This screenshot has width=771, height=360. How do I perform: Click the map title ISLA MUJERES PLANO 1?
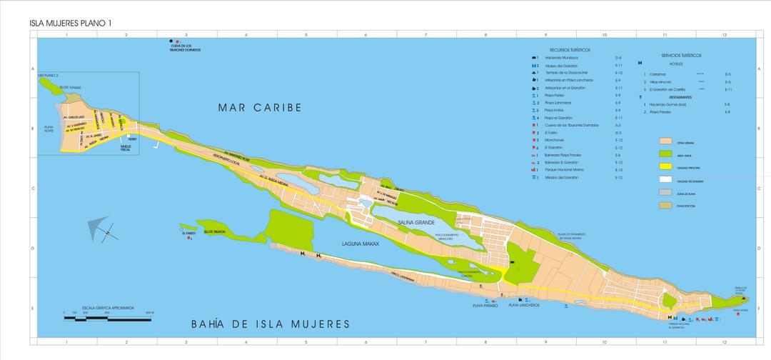tap(71, 24)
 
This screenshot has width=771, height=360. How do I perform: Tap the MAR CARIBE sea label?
tap(260, 108)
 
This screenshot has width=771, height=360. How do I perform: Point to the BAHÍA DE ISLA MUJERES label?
tap(271, 324)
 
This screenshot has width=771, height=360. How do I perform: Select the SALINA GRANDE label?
tap(417, 224)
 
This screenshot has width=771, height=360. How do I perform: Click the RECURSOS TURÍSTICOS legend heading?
tap(570, 50)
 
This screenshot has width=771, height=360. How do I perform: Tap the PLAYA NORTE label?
tap(49, 129)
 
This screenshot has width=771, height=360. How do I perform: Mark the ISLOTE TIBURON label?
tap(213, 232)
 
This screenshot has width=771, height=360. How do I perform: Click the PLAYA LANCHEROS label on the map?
tap(523, 305)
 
